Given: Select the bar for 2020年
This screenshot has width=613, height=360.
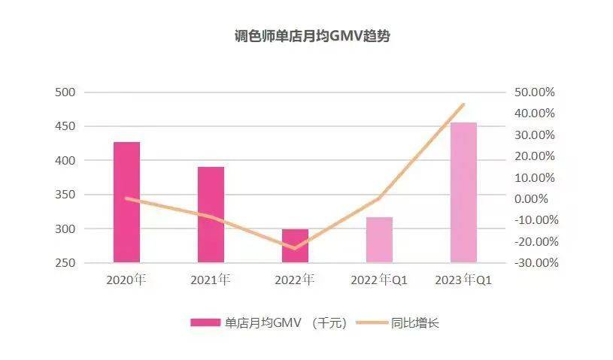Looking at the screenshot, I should point(126,202).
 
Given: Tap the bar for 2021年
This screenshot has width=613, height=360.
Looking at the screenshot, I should point(211,215).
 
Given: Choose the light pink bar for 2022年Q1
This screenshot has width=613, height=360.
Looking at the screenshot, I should point(379,240).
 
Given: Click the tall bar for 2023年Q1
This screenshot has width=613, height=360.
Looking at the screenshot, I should point(463,192).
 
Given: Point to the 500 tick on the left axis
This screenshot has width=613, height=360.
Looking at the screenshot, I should point(66,92).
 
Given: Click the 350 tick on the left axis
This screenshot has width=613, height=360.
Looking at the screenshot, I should point(66,195).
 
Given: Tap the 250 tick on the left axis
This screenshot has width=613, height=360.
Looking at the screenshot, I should point(66,263).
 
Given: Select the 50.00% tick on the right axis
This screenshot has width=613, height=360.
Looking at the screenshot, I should point(533,92).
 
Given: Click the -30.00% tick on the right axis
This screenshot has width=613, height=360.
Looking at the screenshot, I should point(533,263).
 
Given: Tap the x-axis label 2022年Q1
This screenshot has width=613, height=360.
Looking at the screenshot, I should point(379,280).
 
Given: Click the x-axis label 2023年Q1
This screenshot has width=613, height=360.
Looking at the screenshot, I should point(463,280).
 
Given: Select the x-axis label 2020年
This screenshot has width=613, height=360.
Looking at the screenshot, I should point(126,280).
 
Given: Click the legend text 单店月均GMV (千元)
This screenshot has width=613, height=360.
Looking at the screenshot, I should point(286,323).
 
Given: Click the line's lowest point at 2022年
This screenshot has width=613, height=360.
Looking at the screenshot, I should point(295,248).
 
